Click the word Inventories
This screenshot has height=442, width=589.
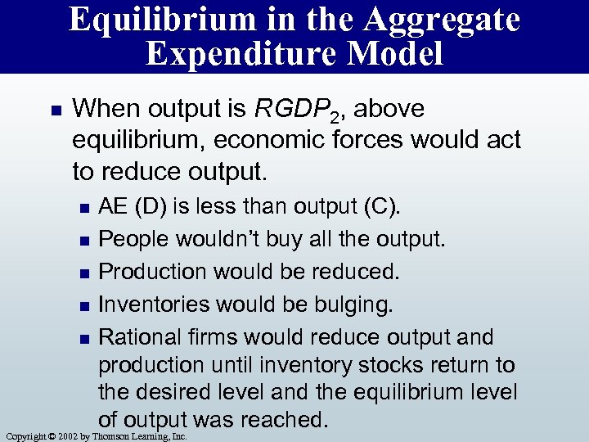click(153, 305)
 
